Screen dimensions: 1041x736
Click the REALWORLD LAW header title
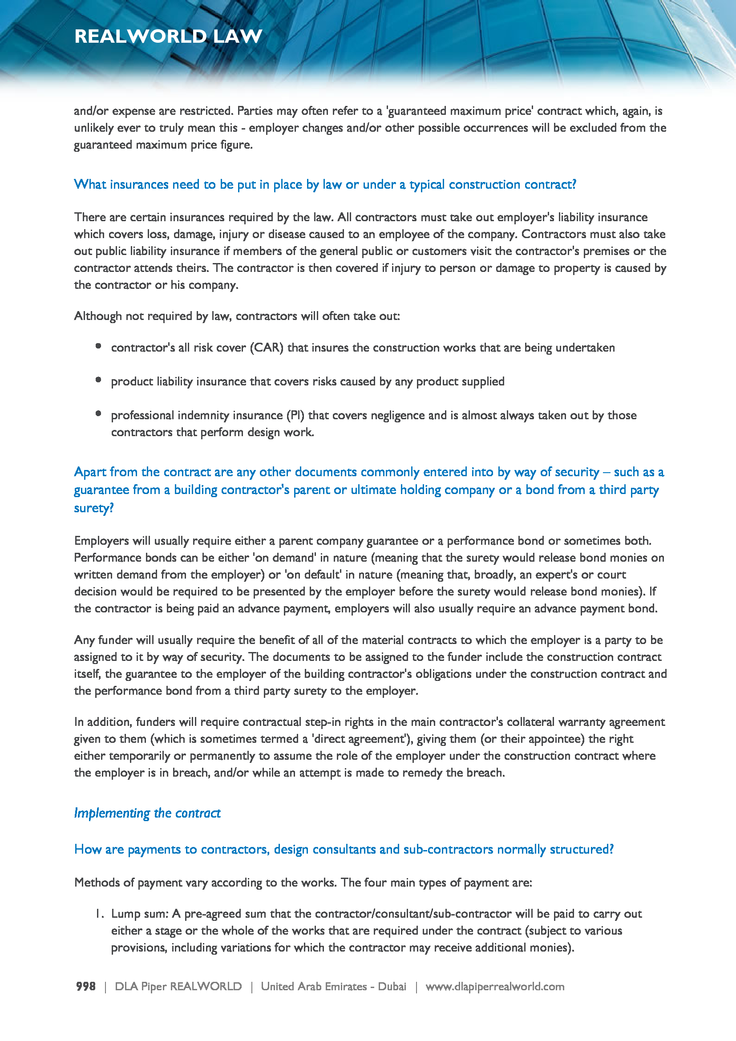point(168,36)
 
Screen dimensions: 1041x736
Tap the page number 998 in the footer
point(85,986)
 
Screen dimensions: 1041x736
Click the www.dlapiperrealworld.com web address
point(495,986)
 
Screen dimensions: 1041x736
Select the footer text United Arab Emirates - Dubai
point(333,986)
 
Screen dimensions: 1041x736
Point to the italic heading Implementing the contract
point(147,813)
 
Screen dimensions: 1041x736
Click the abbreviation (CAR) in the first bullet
point(267,348)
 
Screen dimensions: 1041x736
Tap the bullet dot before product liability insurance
point(98,380)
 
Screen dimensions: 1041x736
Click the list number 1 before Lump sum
point(99,914)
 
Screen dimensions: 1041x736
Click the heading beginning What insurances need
point(325,185)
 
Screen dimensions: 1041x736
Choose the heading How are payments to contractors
point(344,849)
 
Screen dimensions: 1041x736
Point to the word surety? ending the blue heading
point(94,508)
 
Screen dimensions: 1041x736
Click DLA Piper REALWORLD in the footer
point(178,986)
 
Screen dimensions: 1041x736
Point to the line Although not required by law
point(237,316)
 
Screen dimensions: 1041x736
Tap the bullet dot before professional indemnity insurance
point(98,413)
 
